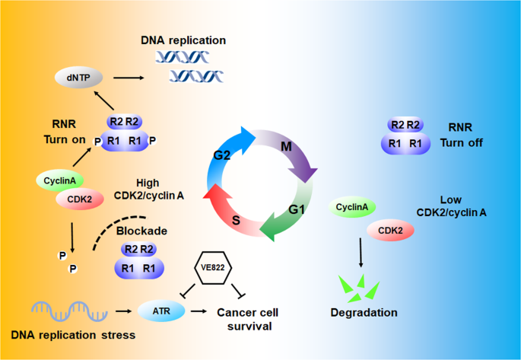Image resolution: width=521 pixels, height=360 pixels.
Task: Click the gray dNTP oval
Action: (79, 78)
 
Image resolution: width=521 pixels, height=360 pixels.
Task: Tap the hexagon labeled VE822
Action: (213, 268)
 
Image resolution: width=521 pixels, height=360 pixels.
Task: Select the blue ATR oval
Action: (161, 311)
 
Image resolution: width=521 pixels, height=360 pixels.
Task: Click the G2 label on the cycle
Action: (221, 155)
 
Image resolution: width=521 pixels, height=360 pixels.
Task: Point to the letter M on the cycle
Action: (286, 146)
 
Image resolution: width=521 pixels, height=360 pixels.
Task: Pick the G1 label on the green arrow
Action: (297, 210)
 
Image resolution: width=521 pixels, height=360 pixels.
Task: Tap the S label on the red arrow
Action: (236, 220)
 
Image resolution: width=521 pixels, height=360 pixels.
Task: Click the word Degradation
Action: (364, 313)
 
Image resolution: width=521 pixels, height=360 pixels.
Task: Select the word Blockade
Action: (141, 231)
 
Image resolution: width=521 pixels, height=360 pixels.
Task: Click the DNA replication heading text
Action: (183, 40)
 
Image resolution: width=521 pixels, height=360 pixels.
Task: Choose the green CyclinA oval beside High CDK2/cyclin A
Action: (60, 181)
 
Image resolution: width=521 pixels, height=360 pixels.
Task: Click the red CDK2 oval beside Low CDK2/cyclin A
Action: (390, 230)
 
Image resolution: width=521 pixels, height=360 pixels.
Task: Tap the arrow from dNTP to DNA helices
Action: (129, 78)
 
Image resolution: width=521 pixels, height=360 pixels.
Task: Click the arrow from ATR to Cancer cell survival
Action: (199, 311)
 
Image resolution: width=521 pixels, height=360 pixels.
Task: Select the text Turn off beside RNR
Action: (462, 143)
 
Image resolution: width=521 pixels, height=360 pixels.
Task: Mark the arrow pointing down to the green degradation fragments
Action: (361, 252)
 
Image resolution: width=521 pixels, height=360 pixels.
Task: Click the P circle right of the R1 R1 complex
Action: (152, 141)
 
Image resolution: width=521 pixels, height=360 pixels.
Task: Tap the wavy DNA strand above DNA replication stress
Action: (69, 311)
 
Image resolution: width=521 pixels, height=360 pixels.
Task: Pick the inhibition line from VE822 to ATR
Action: (188, 290)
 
